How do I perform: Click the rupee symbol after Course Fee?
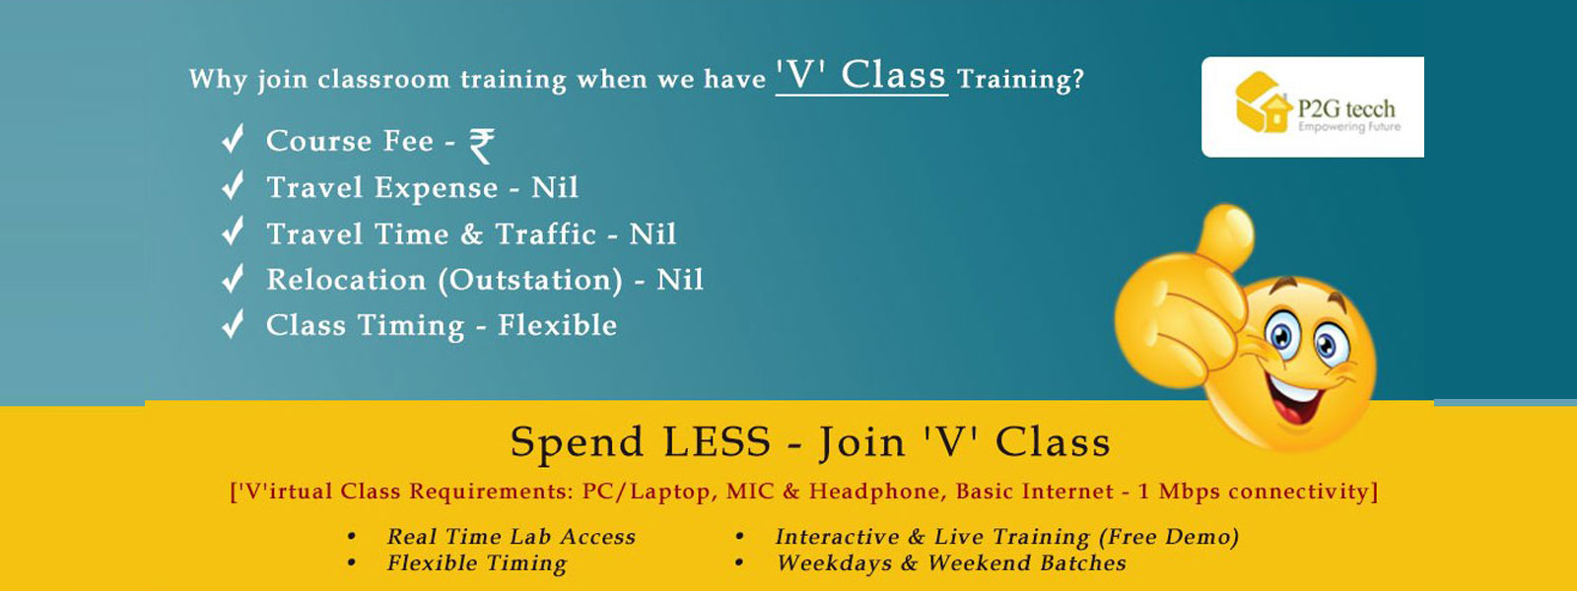click(482, 146)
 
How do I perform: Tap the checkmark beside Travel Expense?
click(233, 186)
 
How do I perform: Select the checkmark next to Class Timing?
click(233, 324)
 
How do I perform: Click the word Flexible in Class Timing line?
click(558, 325)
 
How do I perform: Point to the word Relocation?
click(346, 280)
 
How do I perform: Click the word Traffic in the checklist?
click(546, 233)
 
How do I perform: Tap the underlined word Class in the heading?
click(893, 75)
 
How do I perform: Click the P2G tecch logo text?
click(1346, 108)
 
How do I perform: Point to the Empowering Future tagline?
click(1349, 127)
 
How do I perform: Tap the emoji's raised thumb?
click(1226, 232)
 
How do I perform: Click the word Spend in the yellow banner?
click(577, 442)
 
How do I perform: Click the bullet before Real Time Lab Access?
click(351, 538)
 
